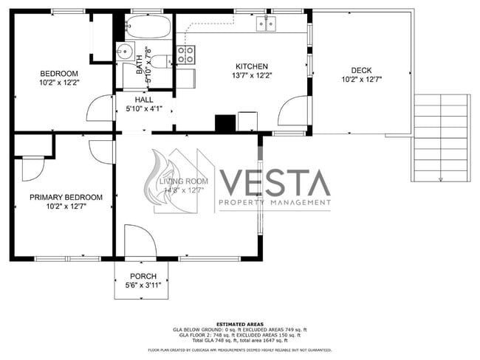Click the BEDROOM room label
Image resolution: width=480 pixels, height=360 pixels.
tap(59, 73)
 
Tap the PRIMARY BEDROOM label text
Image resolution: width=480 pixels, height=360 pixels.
tap(66, 197)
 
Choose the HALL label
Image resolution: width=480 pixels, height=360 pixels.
tap(143, 100)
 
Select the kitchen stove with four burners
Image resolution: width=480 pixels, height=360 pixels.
tap(186, 54)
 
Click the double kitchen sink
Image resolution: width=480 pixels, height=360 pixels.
tap(267, 25)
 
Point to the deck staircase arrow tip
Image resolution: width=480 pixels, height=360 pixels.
tap(441, 179)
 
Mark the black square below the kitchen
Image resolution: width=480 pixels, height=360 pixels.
tap(224, 123)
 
